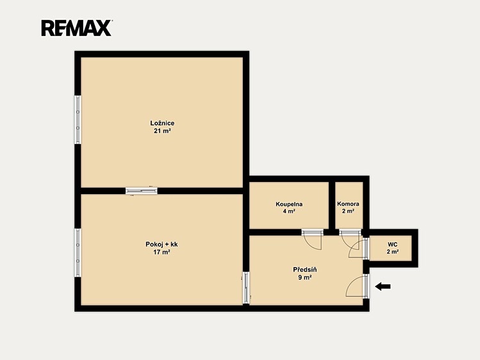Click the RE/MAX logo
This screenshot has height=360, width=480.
tap(76, 28)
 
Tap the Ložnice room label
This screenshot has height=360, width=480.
tap(162, 123)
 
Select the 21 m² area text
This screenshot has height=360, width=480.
tap(162, 131)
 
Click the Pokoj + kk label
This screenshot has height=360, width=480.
tap(161, 245)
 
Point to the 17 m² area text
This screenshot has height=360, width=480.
tap(161, 252)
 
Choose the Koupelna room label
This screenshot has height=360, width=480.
tap(289, 204)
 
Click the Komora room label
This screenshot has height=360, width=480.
tap(349, 204)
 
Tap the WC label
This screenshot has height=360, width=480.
tap(392, 245)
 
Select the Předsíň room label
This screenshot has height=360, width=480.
tap(305, 270)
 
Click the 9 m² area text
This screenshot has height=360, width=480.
tap(305, 278)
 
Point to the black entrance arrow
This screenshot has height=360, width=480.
tap(383, 286)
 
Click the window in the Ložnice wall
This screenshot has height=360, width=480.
tap(78, 120)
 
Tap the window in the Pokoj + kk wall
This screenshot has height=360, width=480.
tap(78, 252)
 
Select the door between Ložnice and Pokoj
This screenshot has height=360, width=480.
tap(142, 191)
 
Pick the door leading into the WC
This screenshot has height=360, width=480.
tap(366, 249)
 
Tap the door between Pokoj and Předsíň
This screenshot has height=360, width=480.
tap(246, 288)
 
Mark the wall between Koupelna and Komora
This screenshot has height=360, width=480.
tap(332, 205)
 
